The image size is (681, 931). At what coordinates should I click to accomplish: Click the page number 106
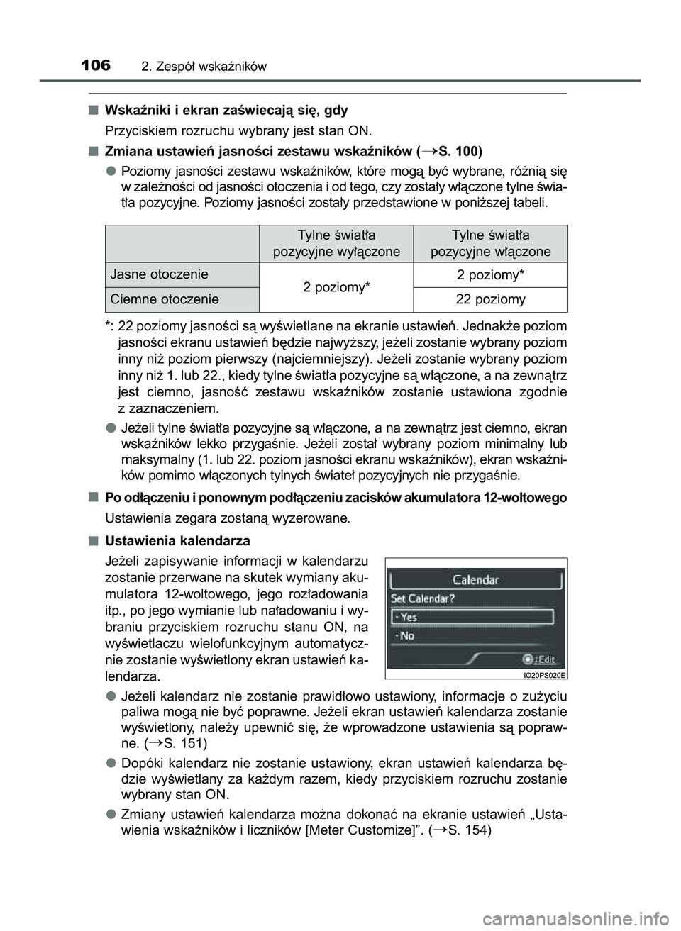[96, 66]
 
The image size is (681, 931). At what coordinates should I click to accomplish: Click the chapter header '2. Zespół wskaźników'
[204, 67]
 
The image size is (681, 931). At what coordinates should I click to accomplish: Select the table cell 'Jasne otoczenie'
[159, 274]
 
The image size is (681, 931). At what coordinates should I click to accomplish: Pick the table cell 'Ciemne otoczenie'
[165, 299]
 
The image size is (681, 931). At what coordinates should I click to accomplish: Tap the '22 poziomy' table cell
[490, 299]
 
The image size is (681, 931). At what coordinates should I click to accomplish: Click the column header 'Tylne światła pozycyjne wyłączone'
[336, 243]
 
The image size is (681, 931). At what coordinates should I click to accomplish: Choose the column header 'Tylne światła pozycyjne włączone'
[490, 243]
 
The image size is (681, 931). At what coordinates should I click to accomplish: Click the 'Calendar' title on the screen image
[476, 579]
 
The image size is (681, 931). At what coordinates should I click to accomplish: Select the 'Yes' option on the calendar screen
[409, 617]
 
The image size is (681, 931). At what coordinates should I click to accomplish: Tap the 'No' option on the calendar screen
[407, 636]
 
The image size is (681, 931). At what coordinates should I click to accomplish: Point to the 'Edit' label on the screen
[545, 658]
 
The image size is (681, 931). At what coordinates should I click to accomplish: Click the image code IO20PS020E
[545, 676]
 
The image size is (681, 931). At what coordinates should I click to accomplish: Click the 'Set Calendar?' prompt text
[423, 598]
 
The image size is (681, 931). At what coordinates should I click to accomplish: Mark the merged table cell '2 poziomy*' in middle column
[336, 286]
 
